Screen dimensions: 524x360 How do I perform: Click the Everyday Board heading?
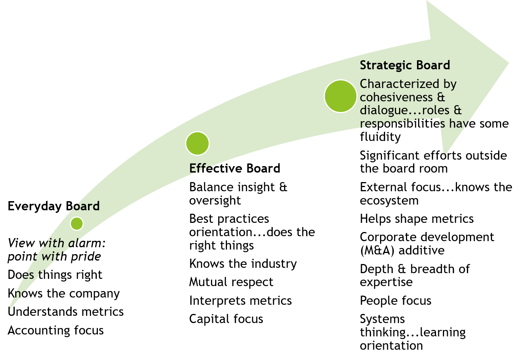coord(54,206)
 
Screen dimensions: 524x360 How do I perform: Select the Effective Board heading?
coord(235,168)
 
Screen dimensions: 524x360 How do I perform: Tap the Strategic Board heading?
coord(405,65)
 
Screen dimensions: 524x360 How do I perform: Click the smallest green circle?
coord(77,224)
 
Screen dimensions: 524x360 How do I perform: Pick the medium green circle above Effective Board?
coord(197,144)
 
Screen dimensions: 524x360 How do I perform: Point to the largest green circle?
coord(340,96)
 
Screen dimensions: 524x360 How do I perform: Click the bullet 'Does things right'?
coord(55,275)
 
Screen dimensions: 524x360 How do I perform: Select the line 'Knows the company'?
coord(64,294)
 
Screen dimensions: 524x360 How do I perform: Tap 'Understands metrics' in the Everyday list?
coord(65,312)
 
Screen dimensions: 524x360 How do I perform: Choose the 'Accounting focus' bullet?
coord(56,331)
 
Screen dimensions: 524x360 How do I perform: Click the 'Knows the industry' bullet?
coord(243,264)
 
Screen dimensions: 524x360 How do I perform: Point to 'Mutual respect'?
coord(231,282)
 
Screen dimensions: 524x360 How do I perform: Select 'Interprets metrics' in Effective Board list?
coord(240,301)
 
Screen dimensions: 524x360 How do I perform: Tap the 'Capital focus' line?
coord(226,319)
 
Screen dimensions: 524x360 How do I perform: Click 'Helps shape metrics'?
coord(417,219)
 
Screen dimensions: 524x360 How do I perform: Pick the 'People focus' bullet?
coord(395,301)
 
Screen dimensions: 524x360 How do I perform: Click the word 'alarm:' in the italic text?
coord(87,243)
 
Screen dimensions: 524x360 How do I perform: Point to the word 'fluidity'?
coord(380,137)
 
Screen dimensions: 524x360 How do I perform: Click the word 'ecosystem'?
coord(389,201)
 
